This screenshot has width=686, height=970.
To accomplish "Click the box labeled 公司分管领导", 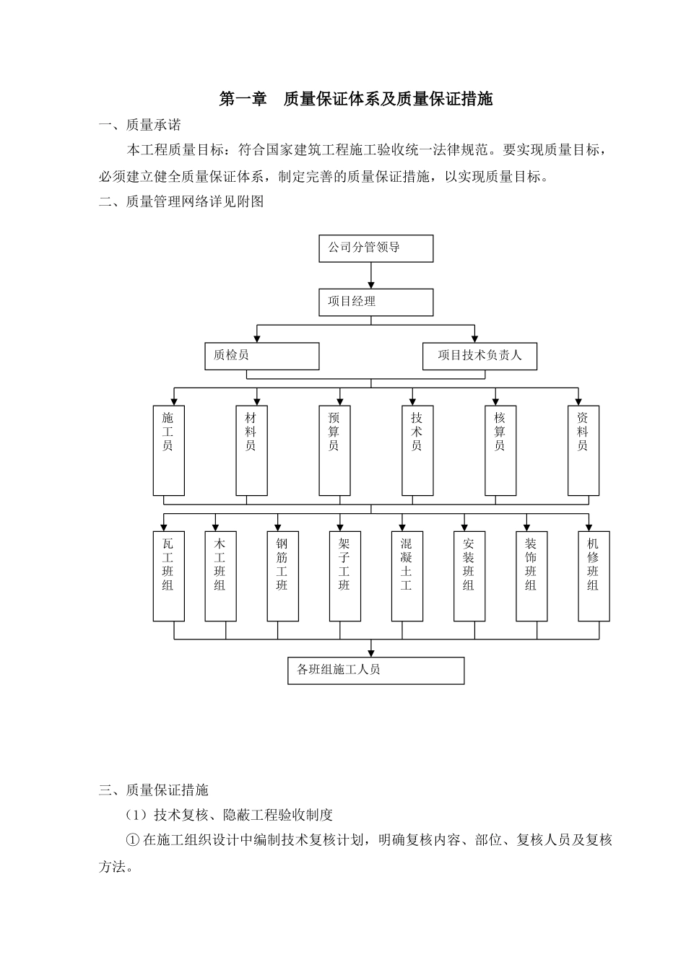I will coord(375,248).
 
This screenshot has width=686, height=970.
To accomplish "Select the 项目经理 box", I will coord(375,302).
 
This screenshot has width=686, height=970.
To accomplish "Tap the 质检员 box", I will coord(261,356).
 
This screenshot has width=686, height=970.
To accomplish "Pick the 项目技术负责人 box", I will coord(479,356).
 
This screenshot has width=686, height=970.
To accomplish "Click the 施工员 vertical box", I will coord(168,450).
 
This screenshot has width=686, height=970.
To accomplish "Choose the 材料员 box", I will coord(251,450).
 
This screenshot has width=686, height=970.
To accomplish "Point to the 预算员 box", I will coord(334,450).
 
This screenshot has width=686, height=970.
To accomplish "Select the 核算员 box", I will coord(500,450).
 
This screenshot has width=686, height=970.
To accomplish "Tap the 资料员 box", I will coord(583,450).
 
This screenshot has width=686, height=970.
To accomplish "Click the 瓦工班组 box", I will coord(168,576).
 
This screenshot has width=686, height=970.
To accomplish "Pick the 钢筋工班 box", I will coord(282,576).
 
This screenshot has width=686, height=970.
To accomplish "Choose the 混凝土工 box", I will coord(407,576).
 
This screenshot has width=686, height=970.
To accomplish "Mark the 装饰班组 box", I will coord(531,576).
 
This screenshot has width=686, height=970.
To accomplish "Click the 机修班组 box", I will coord(594,576).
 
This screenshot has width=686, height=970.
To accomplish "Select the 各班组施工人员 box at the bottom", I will coord(375,670).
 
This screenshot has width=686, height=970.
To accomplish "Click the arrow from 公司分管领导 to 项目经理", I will coord(371,276).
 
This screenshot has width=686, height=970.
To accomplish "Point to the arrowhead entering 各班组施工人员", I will coord(371,652).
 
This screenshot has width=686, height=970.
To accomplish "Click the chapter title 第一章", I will coord(243,100).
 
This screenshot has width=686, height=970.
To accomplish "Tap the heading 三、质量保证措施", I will coord(153,790).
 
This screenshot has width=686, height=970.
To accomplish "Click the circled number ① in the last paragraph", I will coord(132,840).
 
